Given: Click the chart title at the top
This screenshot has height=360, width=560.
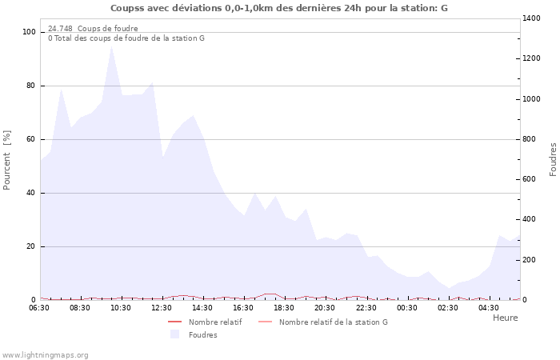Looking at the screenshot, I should coord(279,8).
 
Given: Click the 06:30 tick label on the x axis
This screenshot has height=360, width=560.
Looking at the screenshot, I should coord(39,308).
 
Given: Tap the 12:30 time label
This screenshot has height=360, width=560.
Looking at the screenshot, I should coord(162,308).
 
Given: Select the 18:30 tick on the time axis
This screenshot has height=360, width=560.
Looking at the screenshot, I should coord(284,308).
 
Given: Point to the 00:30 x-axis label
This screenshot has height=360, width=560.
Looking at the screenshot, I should coord(406,308).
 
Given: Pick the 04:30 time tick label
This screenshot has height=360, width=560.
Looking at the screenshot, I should coord(488,308).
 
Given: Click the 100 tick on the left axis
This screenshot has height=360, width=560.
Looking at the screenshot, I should coord(30,32).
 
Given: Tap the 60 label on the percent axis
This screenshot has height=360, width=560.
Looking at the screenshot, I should coord(32,139).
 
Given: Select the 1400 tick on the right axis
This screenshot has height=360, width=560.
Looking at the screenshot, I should coord(532,18).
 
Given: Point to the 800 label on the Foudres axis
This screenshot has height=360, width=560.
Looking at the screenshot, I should coord(530,139).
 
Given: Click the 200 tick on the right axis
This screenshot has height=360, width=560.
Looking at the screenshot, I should coord(530,260).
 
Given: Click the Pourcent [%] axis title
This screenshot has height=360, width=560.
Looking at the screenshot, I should coord(7,159).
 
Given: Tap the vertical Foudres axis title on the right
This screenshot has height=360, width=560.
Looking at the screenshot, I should coord(553,159).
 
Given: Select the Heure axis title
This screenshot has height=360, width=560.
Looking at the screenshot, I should coord(505,318).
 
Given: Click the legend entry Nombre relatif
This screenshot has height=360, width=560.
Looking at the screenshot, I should coord(215,322).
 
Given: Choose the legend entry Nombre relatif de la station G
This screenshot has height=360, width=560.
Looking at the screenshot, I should coord(333,322).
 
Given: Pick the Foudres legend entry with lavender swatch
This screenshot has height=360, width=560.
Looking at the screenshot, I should coord(202,335).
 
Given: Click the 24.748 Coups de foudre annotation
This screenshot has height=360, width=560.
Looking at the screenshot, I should coord(93,29).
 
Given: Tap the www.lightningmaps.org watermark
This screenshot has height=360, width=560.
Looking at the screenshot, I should coord(45,355).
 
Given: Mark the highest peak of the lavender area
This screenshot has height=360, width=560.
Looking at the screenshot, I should coord(111,46).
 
